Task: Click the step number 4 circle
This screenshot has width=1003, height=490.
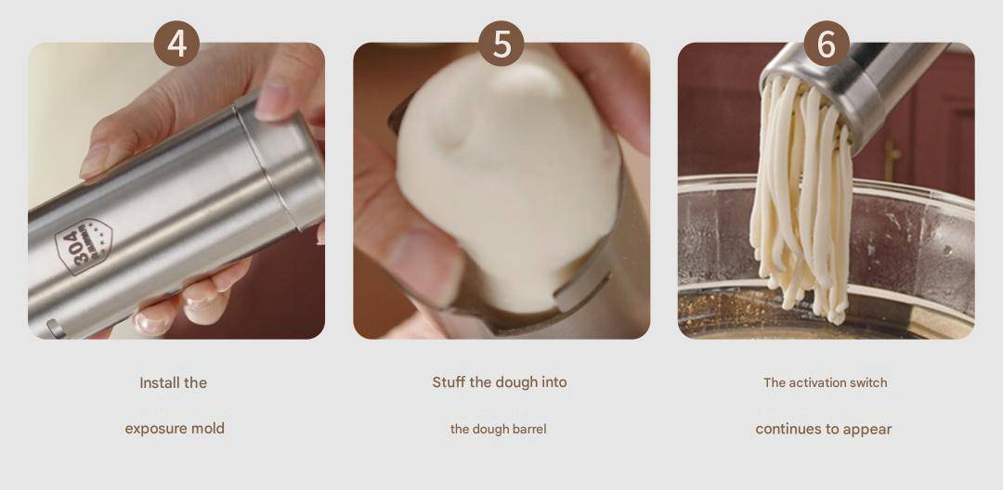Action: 176,44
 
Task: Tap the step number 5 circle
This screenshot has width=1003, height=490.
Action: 501,44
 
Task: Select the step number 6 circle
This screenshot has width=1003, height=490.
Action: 827,44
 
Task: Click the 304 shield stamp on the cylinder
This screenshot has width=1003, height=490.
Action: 84,246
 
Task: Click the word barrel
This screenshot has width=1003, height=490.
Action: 529,430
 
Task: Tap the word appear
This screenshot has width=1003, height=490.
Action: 867,430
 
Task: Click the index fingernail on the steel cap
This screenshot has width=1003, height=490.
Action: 272,101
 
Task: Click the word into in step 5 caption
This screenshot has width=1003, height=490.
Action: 553,382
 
